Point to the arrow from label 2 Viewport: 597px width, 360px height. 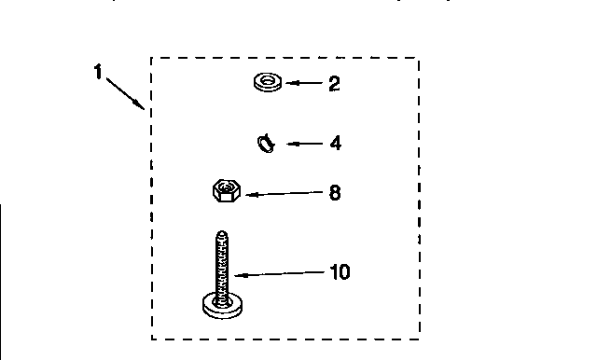coord(302,83)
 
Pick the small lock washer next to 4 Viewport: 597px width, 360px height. coord(266,144)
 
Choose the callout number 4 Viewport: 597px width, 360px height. coord(335,144)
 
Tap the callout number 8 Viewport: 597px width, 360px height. coord(335,193)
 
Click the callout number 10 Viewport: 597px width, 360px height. coord(340,272)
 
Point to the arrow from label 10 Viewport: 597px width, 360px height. coord(280,274)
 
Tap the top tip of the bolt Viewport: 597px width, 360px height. coord(222,233)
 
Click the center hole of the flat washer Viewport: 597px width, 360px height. coord(268,82)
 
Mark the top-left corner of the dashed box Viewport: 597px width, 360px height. coord(152,59)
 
